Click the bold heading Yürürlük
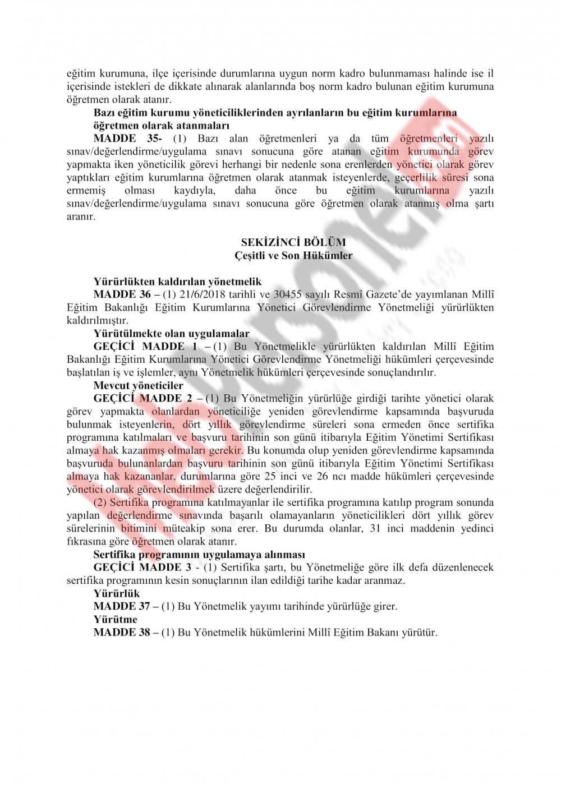click(117, 593)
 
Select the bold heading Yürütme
click(116, 619)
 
